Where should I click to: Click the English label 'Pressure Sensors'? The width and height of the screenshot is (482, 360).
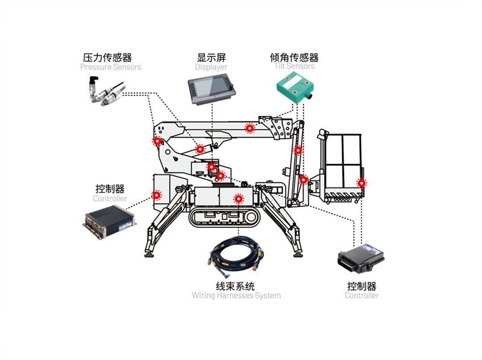110,68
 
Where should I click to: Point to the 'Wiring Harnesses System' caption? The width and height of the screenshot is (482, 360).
236,295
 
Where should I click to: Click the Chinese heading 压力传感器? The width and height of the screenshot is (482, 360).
107,58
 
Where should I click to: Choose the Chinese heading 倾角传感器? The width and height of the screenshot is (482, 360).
294,58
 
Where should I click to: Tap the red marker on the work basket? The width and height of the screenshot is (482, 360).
361,183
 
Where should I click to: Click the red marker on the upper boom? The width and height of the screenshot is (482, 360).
249,128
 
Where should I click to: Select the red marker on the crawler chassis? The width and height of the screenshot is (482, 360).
239,198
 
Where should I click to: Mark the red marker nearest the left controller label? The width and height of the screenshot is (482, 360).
157,195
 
